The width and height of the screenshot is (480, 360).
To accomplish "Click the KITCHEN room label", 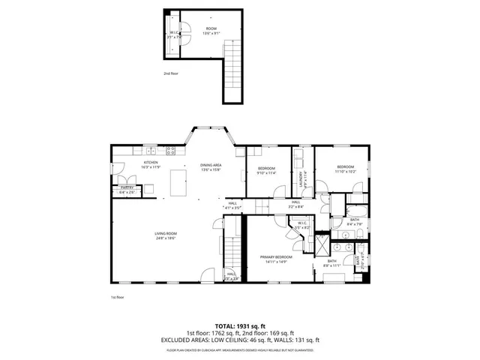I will point(150,163).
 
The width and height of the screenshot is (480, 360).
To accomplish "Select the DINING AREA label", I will point(211,164).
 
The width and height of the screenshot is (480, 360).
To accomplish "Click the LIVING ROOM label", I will point(165,234).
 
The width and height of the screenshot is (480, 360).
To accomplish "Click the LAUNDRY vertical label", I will point(301,179).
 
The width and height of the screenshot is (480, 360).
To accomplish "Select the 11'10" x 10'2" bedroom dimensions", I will point(345,171).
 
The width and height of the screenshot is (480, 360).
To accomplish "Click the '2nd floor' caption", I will point(171,74).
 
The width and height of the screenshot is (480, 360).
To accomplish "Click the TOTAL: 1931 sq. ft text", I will point(239,325).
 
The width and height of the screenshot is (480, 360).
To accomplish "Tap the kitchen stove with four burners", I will point(170,149).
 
